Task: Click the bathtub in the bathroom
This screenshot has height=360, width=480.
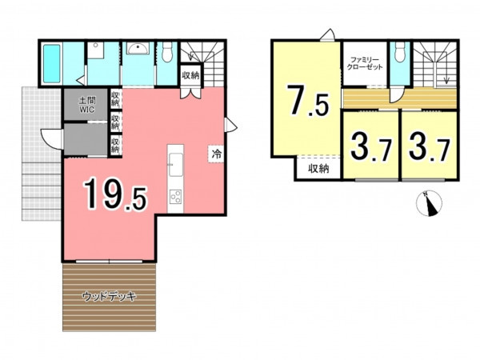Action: [x=51, y=64]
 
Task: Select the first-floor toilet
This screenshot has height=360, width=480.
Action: [x=167, y=51]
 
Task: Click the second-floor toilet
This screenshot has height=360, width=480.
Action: [x=400, y=51]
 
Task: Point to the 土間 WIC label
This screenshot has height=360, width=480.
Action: [x=87, y=105]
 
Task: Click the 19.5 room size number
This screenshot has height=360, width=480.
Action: [x=115, y=194]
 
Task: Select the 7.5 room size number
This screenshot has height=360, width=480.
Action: [x=307, y=101]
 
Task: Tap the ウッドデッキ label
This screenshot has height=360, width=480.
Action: [x=109, y=296]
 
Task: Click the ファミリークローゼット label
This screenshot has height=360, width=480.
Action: [x=365, y=63]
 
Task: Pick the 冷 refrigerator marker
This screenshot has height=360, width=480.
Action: [x=217, y=154]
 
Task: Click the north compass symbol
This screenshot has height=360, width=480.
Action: [x=429, y=203]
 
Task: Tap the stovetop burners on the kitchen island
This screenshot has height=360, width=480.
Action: [x=175, y=197]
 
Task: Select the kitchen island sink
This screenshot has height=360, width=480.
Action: [x=176, y=165]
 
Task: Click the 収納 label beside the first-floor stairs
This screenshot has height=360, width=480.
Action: [x=190, y=75]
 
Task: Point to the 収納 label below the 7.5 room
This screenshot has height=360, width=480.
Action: [x=318, y=169]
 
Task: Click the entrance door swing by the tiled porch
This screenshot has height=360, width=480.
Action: [x=51, y=138]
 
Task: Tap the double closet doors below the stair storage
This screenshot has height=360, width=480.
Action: [x=190, y=93]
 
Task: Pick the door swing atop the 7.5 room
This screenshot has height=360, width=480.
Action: [x=327, y=34]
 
